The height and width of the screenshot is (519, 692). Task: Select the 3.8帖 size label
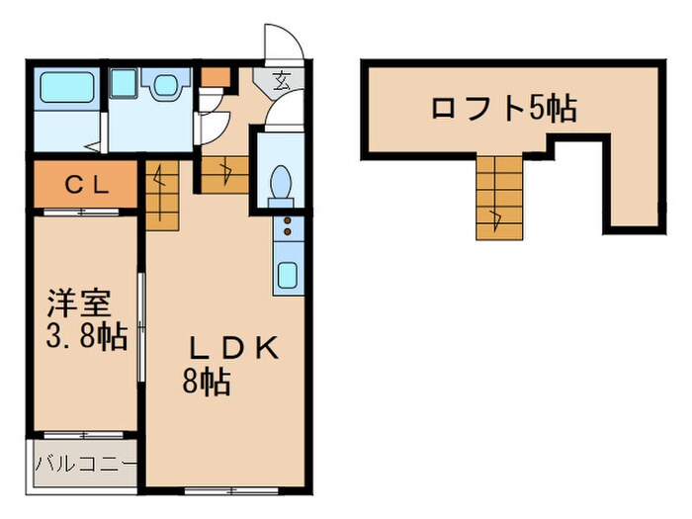click(88, 338)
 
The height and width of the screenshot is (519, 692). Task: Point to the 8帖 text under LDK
click(206, 382)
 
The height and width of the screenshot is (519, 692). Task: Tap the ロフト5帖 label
click(504, 108)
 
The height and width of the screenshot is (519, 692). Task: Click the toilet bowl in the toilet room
click(280, 182)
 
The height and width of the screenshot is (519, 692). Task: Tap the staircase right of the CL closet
click(161, 194)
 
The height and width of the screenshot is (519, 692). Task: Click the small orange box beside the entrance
click(216, 76)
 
